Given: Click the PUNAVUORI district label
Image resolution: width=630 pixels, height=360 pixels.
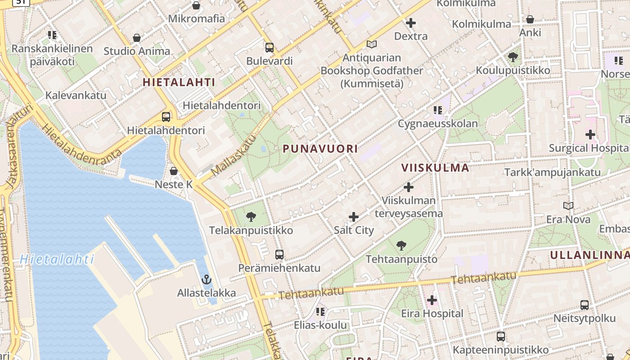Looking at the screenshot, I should tap(320, 148).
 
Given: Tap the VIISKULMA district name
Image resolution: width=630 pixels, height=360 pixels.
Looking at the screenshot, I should tap(435, 168).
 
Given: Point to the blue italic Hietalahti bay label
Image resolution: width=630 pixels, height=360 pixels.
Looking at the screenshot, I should tap(57, 259).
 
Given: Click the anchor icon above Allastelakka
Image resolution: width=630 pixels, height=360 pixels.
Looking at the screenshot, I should tap(207, 279).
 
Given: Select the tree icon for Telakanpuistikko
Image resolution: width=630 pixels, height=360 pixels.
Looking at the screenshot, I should tap(251, 217).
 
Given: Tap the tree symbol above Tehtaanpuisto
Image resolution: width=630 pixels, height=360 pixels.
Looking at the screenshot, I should tap(401, 246).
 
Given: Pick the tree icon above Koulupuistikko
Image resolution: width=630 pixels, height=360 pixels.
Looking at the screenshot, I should tap(513, 57).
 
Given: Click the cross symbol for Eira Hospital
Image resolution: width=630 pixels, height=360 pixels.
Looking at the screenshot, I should tap(432, 300).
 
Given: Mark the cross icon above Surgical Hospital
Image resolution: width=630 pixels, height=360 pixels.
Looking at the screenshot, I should tap(590, 134).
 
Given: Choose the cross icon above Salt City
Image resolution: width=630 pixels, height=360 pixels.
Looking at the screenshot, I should tap(354, 217).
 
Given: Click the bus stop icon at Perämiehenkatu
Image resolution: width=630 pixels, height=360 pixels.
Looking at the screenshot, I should tap(279, 254).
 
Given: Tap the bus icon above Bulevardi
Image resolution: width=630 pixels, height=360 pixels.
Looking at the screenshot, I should tap(270, 47).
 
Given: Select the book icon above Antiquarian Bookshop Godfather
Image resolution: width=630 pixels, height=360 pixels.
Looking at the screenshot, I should tap(371, 44).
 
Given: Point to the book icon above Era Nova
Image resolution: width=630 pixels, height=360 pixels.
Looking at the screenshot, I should tap(568, 206).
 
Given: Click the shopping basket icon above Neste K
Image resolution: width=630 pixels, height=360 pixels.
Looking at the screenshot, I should tap(174, 171).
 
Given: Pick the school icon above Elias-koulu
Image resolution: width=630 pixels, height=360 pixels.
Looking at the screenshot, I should tap(320, 311).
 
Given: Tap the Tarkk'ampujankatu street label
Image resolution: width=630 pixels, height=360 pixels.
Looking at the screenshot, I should tap(552, 172).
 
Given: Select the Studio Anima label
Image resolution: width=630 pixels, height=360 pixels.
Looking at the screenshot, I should tap(137, 51).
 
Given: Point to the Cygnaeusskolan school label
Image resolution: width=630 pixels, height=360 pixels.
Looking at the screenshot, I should tap(437, 123).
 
